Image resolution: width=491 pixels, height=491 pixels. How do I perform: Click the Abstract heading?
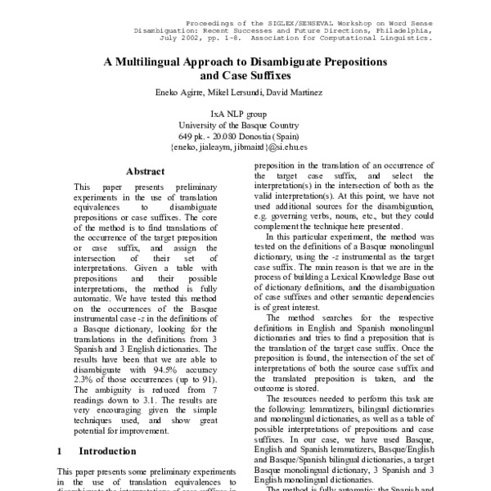[145, 172]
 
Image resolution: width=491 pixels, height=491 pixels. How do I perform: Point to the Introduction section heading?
[106, 451]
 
